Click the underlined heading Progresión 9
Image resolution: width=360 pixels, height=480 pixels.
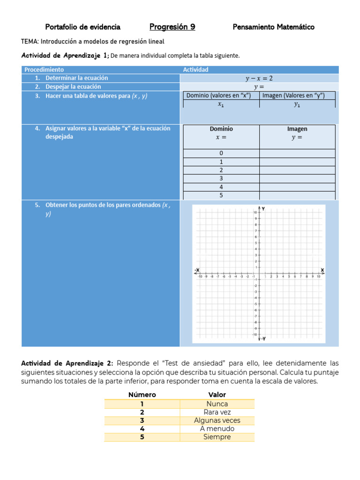click(x=172, y=27)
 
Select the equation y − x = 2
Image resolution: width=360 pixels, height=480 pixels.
click(x=259, y=78)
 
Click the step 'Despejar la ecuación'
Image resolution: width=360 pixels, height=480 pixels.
click(x=73, y=87)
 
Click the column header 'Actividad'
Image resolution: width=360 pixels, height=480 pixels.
click(x=195, y=69)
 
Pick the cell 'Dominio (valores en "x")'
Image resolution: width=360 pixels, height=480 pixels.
click(x=218, y=96)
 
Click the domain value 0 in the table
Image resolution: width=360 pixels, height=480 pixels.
click(x=221, y=153)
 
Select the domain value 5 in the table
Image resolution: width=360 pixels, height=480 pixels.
click(x=221, y=195)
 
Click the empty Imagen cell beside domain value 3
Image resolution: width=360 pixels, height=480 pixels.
click(x=297, y=179)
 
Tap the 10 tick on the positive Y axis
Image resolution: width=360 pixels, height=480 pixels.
click(x=255, y=213)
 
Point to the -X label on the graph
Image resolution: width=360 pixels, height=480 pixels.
click(x=197, y=270)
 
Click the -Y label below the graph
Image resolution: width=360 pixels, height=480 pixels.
click(x=263, y=338)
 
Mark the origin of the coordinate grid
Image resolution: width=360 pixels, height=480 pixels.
click(x=259, y=273)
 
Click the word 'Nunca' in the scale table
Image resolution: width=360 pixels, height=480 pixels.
click(x=217, y=404)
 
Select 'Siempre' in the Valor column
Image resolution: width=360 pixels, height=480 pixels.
click(x=217, y=437)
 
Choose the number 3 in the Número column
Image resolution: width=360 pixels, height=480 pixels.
click(x=142, y=420)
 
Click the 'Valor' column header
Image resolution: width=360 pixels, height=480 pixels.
click(x=217, y=395)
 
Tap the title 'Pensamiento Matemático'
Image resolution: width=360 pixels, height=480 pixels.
click(x=273, y=27)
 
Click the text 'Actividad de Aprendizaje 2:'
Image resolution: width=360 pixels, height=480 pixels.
click(x=67, y=364)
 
